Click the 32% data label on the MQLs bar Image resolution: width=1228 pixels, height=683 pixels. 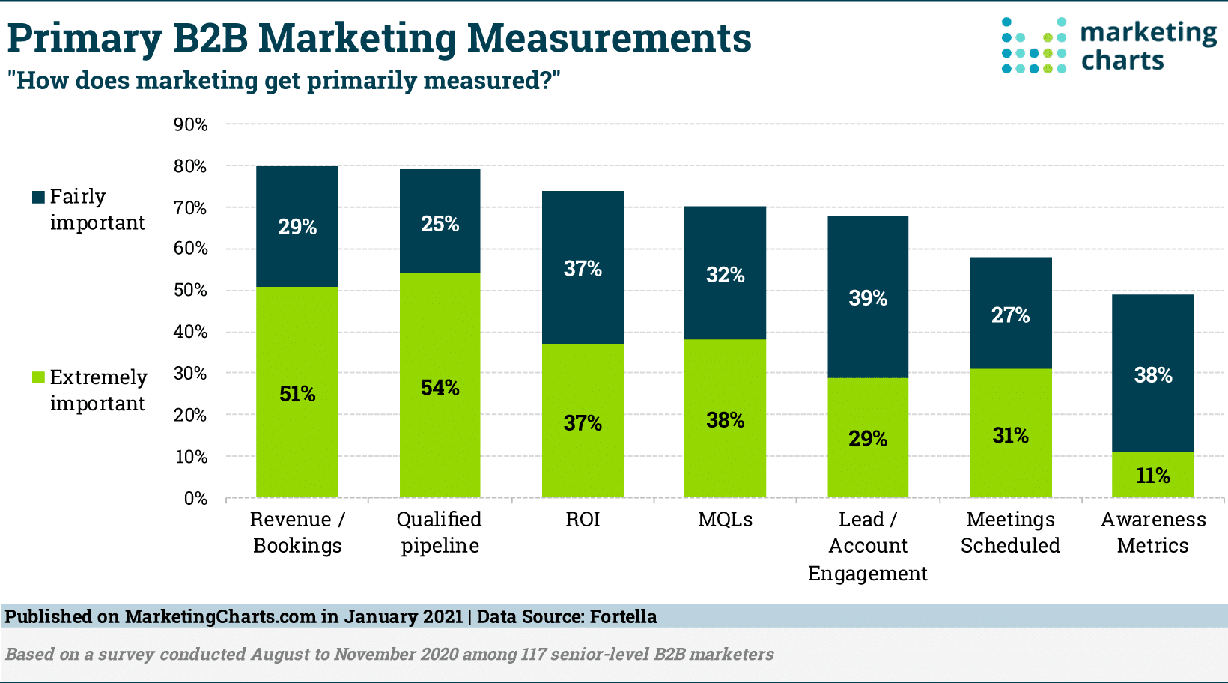tap(725, 275)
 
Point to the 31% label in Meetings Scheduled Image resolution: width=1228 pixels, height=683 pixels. tap(1010, 435)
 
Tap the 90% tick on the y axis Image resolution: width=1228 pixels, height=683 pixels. tap(190, 124)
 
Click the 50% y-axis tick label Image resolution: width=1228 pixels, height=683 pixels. tap(190, 290)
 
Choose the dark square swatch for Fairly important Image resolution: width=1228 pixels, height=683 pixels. tap(38, 197)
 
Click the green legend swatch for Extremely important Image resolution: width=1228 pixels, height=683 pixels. tap(38, 377)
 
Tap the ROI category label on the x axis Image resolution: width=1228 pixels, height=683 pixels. tap(583, 519)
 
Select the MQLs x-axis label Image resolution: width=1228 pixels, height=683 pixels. tap(725, 519)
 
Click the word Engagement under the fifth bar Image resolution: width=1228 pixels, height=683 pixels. tap(867, 573)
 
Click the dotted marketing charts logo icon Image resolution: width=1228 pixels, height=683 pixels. tap(1033, 46)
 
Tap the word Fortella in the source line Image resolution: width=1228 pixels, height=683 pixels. tap(623, 616)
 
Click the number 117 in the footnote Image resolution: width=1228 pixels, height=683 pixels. tap(533, 654)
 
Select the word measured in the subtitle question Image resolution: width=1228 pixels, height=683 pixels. tap(487, 80)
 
